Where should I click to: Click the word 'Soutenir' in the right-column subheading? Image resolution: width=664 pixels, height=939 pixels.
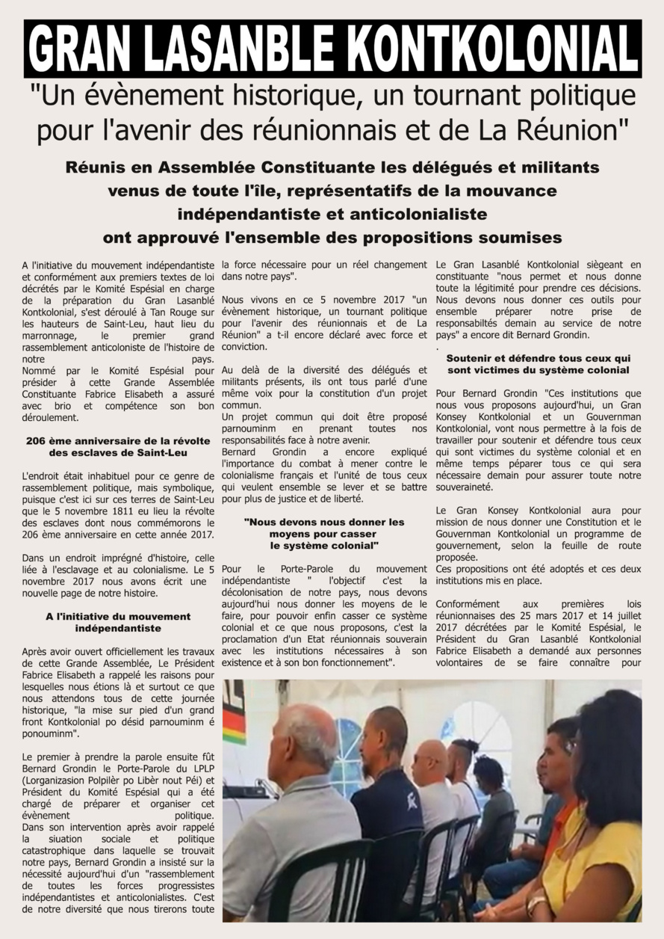472,358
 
